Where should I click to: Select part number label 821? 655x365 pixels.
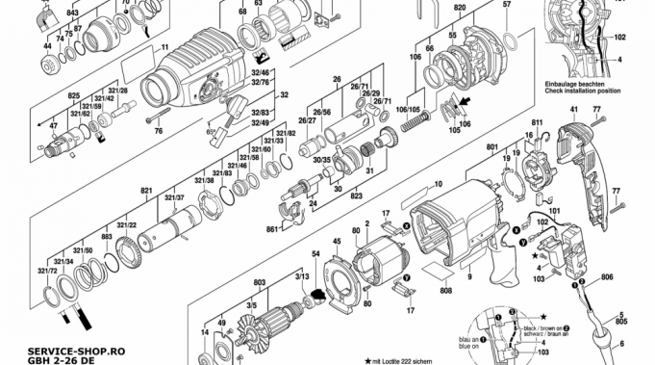click(146, 192)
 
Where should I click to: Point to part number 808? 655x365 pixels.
click(446, 291)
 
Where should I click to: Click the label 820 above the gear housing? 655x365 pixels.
click(460, 8)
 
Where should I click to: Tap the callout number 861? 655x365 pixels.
click(272, 229)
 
